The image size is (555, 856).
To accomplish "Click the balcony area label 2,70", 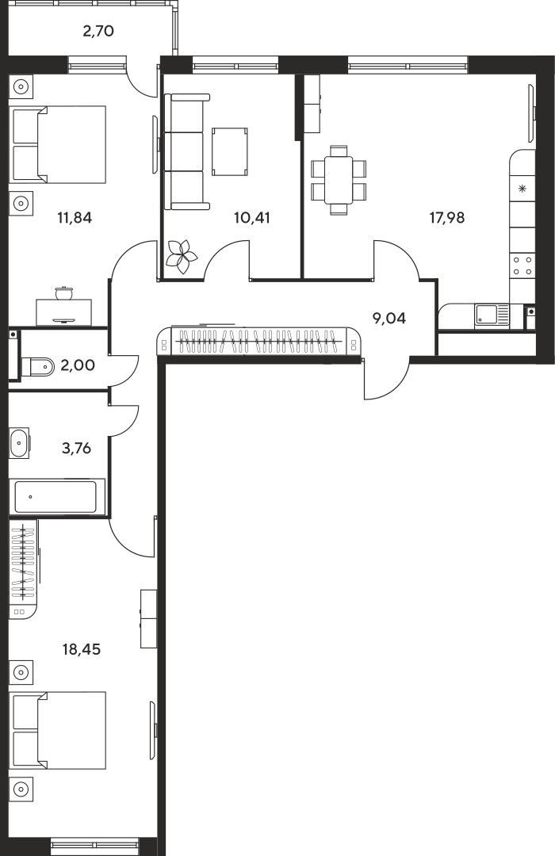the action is click(98, 31).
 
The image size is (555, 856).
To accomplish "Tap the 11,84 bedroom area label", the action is click(75, 218).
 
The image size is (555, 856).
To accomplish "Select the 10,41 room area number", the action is click(252, 218).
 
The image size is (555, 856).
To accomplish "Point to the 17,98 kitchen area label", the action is click(447, 218).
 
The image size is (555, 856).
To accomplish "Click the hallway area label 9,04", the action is click(389, 318).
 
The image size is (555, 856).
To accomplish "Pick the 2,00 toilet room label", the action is click(78, 365).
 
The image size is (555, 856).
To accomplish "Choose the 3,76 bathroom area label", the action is click(76, 449).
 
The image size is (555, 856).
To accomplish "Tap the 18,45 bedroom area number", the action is click(82, 650).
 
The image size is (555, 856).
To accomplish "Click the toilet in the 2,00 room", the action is click(37, 366).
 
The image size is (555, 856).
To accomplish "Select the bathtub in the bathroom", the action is click(56, 497).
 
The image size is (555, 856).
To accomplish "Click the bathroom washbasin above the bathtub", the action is click(19, 443).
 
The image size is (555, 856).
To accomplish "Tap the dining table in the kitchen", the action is click(339, 180).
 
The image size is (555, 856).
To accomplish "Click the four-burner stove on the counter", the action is click(522, 266).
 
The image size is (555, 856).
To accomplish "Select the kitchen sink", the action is click(491, 315).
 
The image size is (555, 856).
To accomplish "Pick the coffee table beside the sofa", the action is click(229, 151).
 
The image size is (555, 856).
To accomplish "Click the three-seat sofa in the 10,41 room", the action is click(187, 151).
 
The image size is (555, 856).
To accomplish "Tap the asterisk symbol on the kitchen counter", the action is click(522, 189).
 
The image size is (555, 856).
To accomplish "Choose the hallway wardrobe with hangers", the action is click(259, 342).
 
